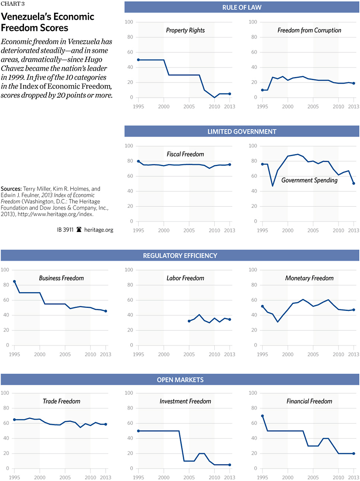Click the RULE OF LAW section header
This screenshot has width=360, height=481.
tap(241, 7)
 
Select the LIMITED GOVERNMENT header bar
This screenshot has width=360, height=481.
tap(241, 131)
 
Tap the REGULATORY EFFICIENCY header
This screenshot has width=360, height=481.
tap(180, 256)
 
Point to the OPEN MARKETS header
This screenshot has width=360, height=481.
tap(180, 380)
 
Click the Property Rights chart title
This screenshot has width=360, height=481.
tap(185, 31)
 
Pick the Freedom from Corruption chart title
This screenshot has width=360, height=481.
tap(309, 31)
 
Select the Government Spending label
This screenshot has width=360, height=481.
tap(309, 180)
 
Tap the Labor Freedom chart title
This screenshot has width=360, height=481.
tap(185, 278)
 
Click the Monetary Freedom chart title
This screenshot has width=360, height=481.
tap(309, 278)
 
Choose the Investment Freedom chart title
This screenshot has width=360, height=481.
tap(185, 401)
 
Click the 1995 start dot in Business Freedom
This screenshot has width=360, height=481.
tap(14, 281)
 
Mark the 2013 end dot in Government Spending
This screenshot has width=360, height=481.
tap(353, 183)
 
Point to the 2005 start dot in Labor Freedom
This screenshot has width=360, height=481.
tap(189, 321)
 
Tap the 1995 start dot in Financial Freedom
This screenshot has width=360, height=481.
tap(262, 416)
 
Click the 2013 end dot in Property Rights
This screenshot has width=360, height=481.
tap(230, 94)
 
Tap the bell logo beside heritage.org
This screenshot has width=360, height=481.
tap(79, 229)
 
